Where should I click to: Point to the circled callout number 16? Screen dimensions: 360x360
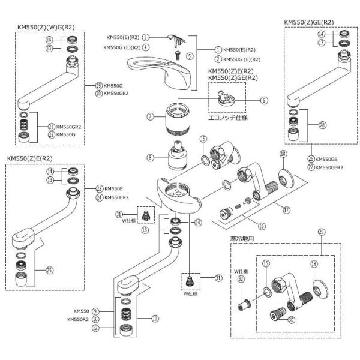[x=261, y=225]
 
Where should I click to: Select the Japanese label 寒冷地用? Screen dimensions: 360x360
[x=240, y=238]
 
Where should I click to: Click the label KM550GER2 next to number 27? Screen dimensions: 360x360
[x=329, y=167]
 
